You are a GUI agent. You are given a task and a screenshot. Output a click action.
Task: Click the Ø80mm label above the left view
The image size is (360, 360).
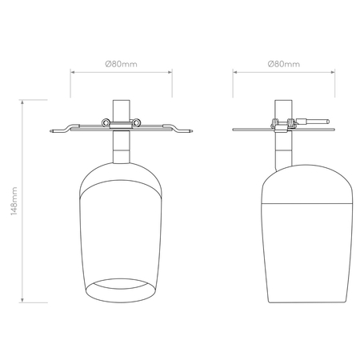point(121,64)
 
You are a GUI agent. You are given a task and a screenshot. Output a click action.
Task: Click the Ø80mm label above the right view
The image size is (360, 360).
point(284,64)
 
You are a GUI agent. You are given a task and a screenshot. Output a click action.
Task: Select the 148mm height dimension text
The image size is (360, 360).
point(14,202)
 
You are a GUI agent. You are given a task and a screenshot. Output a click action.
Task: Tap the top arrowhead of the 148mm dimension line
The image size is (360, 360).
point(22,102)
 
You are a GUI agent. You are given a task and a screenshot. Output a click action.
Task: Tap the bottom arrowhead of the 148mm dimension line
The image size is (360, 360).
point(22,300)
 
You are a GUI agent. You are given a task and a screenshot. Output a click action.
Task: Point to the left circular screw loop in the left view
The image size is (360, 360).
point(106,122)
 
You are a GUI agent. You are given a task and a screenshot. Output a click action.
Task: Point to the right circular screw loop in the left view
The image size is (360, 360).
point(136,122)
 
